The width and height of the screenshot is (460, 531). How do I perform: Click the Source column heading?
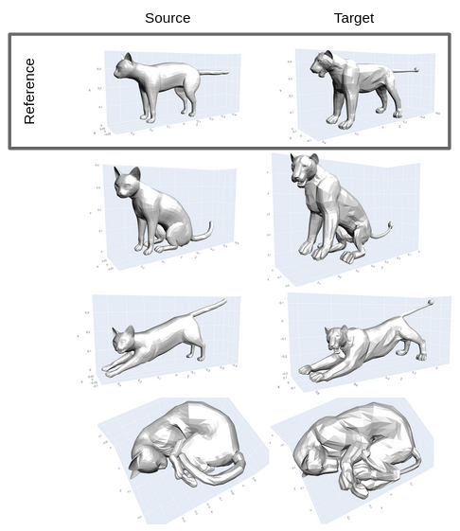pos(168,18)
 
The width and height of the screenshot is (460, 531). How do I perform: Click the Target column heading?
pos(354,18)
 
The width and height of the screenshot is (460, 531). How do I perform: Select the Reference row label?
pos(29,91)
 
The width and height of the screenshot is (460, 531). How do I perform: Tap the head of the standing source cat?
pos(126,67)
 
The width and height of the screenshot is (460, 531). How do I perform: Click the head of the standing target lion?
pos(322,62)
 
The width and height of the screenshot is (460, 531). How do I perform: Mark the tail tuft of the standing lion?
pos(416,68)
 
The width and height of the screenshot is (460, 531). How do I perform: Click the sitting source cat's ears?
pos(127,172)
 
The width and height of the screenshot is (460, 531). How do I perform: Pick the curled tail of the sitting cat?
pos(203,231)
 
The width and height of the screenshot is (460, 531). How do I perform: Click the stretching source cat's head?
pos(122,338)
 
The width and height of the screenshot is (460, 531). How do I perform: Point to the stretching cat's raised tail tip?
pos(223,302)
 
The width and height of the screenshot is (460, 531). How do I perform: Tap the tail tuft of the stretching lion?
pos(432,303)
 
